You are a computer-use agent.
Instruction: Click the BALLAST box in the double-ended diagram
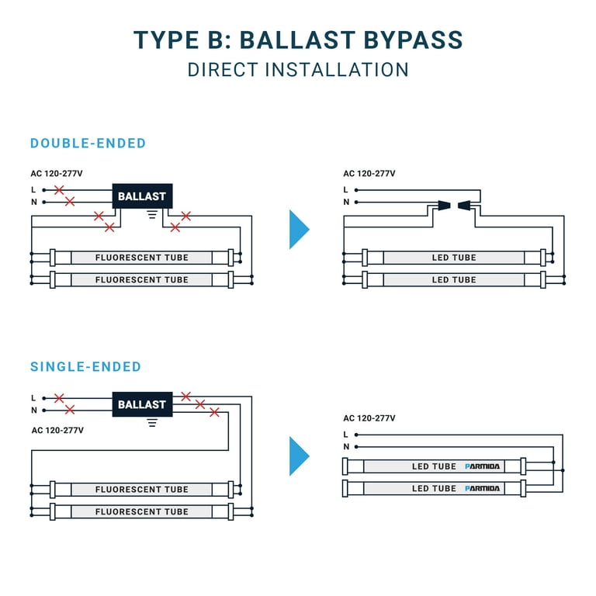142,196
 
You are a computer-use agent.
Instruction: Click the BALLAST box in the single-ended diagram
142,404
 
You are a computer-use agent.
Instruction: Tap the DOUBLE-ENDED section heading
88,144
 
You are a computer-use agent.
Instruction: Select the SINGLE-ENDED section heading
85,367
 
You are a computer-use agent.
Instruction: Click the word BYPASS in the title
413,40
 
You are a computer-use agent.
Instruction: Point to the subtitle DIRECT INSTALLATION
298,70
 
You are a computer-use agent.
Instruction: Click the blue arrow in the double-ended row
300,229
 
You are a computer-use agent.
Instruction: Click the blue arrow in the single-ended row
300,456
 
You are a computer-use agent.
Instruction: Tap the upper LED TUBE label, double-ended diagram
454,258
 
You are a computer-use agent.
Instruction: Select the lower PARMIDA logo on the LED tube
483,488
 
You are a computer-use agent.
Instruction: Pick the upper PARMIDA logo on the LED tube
483,466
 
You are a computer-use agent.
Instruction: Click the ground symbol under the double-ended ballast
152,215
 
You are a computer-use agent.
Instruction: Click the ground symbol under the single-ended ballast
152,423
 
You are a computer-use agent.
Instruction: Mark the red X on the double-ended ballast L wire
59,189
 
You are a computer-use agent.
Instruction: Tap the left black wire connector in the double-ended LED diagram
444,206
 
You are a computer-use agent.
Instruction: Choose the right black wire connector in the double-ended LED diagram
465,206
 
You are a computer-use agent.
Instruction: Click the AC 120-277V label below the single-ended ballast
57,430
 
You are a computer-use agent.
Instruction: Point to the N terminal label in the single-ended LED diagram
346,447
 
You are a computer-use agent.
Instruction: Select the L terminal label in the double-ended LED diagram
345,189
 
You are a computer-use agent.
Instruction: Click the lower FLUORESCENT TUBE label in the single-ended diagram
142,511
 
